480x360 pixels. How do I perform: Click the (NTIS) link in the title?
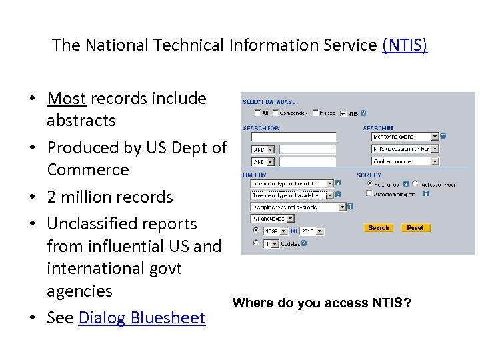coord(405,45)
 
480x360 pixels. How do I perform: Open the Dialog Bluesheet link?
coord(141,318)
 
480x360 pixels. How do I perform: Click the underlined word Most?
coord(67,99)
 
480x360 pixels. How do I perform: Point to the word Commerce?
coord(87,169)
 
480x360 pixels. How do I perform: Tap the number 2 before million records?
coord(52,197)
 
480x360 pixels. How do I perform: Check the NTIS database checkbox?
coord(343,113)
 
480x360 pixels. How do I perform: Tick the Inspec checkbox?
coord(315,113)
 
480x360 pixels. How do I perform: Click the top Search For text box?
coord(294,137)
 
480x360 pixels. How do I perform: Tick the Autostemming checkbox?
coord(369,193)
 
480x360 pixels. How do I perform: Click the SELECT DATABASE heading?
coord(268,102)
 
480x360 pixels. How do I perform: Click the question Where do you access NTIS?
coord(321,303)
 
